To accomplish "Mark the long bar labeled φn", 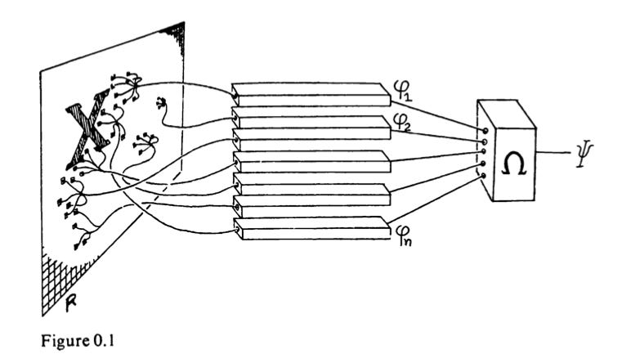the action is point(311,226).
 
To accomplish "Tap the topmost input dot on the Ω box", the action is point(486,130).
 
